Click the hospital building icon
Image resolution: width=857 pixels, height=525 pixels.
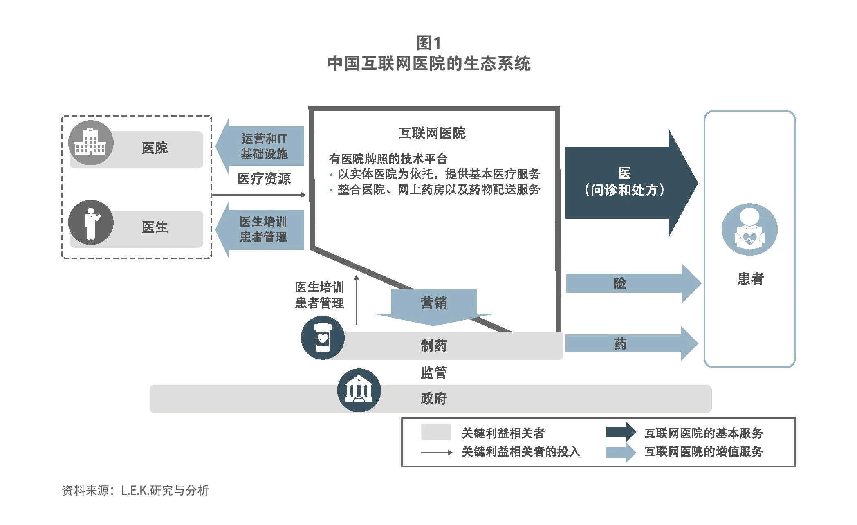(x=91, y=143)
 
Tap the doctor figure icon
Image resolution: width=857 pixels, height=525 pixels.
(x=91, y=222)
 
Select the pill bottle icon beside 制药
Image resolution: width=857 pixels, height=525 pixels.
(x=323, y=338)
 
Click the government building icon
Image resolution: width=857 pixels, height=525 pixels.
(x=359, y=390)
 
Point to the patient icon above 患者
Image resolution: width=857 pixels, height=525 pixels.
(x=749, y=229)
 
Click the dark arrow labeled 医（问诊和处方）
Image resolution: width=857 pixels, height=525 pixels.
(x=631, y=183)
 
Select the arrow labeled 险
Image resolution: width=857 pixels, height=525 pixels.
(x=633, y=283)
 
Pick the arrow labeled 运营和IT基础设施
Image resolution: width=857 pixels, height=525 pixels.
(x=260, y=146)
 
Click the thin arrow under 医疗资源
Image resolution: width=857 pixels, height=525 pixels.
(x=258, y=195)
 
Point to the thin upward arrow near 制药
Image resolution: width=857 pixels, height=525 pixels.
(x=357, y=300)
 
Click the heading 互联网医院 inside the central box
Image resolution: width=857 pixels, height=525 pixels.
(x=432, y=133)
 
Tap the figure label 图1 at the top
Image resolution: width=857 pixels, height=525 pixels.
(x=428, y=43)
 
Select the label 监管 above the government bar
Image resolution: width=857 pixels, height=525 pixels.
(x=434, y=372)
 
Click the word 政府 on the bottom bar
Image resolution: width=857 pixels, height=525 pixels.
(x=434, y=398)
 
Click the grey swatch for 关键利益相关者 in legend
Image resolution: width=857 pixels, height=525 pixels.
(x=436, y=432)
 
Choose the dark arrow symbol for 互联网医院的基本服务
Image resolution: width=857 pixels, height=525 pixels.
(x=621, y=432)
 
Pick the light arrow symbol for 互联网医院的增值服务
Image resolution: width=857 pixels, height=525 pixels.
(x=621, y=452)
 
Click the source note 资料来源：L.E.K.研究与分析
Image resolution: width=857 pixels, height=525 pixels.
(x=135, y=490)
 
